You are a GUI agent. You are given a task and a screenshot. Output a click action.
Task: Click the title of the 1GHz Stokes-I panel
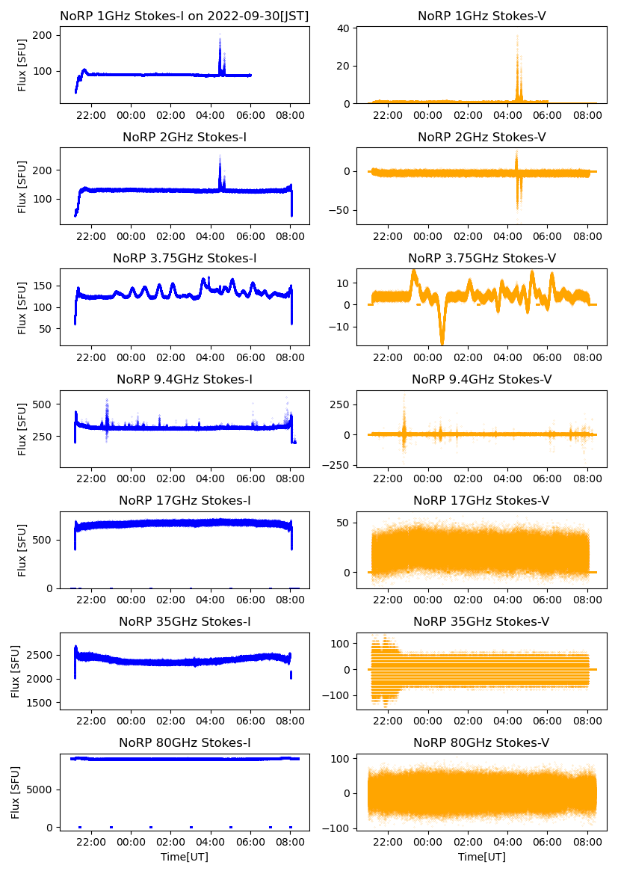[185, 16]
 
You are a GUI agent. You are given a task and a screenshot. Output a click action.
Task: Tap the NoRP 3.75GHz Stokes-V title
[481, 259]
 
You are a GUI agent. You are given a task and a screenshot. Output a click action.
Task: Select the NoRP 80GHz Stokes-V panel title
[481, 743]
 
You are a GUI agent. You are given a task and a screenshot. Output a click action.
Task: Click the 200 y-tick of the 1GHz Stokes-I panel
[41, 36]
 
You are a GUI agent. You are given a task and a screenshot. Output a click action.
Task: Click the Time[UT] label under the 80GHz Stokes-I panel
[185, 857]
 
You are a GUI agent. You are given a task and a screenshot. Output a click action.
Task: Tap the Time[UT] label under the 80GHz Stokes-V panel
[481, 857]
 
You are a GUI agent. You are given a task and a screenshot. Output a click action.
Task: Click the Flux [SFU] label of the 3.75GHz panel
[22, 307]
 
